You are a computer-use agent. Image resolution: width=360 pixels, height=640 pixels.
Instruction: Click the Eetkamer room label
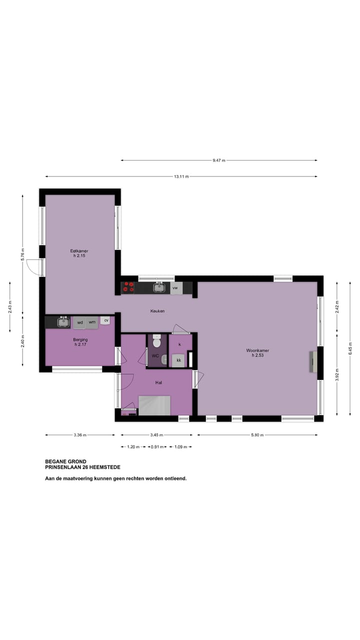[79, 253]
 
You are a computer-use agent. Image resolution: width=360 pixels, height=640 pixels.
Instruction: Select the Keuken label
[157, 311]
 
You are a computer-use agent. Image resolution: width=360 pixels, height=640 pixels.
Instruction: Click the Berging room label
[80, 342]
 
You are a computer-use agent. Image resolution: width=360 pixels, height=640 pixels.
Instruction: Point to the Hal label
[158, 382]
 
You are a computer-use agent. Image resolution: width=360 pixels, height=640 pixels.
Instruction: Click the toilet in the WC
[156, 343]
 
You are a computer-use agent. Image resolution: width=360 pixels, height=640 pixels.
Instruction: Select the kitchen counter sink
[159, 287]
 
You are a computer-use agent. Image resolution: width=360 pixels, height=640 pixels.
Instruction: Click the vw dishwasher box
[175, 288]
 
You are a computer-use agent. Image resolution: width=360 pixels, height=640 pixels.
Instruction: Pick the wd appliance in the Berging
[80, 322]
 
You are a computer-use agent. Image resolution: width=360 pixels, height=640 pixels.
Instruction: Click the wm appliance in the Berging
[92, 322]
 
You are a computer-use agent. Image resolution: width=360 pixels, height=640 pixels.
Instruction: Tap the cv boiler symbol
[106, 320]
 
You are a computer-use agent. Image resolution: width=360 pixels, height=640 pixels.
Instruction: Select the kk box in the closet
[178, 360]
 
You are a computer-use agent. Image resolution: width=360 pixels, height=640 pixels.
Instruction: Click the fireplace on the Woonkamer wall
[313, 361]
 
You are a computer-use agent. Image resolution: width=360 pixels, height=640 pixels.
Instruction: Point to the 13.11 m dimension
[181, 176]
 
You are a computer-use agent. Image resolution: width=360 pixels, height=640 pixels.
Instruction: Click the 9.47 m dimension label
[219, 160]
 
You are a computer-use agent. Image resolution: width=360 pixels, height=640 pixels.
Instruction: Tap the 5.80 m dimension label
[257, 435]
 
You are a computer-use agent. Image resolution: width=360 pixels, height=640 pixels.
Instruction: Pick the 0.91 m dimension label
[156, 447]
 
